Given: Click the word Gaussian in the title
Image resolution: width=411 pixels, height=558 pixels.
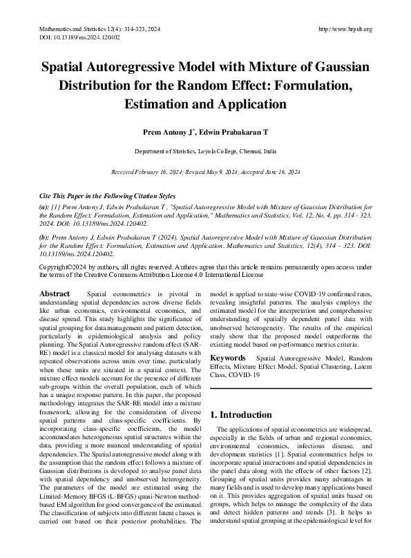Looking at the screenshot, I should click(x=334, y=68).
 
